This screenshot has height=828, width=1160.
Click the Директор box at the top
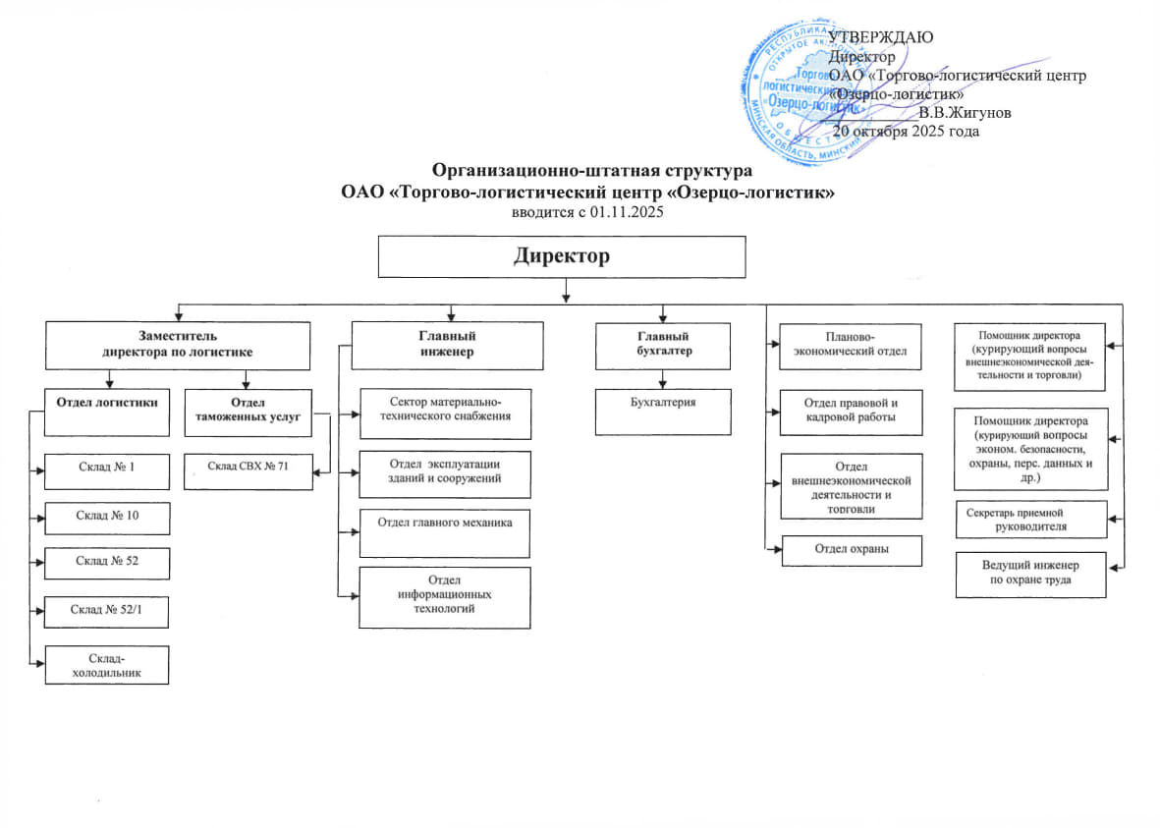563,257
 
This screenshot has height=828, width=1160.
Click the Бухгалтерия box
664,411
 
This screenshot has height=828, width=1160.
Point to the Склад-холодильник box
105,664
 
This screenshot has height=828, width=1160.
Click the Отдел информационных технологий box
445,596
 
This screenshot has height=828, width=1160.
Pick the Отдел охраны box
852,550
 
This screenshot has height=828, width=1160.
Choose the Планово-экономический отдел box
852,346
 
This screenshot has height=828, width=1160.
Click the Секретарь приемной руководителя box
1030,520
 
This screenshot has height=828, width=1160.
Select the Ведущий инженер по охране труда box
1030,575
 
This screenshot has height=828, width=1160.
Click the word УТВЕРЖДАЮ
881,37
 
